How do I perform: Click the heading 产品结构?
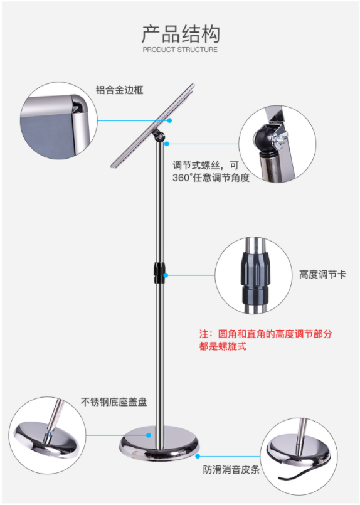(181, 33)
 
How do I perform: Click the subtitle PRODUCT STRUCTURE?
(180, 50)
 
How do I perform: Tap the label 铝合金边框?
(119, 90)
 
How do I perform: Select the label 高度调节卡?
(322, 274)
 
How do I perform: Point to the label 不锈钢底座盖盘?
(114, 401)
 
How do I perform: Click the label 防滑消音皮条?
(231, 469)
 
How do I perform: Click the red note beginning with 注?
(265, 340)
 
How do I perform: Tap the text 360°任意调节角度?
(211, 178)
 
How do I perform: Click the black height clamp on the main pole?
(159, 273)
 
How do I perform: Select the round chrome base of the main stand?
(159, 444)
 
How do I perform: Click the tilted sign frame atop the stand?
(153, 125)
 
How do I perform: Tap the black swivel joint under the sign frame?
(159, 136)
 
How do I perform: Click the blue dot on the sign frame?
(169, 120)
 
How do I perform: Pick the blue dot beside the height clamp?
(166, 275)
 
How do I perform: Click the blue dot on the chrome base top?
(149, 435)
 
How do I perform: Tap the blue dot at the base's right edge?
(198, 456)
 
